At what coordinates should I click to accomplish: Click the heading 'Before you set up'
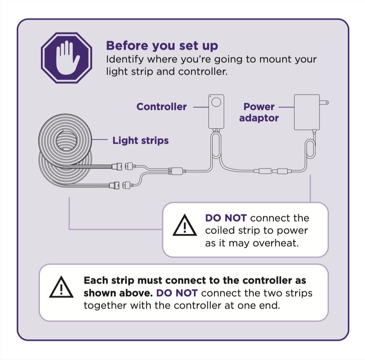(x=162, y=46)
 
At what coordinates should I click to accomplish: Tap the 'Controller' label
(x=162, y=106)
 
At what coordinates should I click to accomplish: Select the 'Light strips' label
(x=140, y=141)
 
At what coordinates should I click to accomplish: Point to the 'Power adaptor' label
(x=259, y=112)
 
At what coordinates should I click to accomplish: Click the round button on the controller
(x=217, y=103)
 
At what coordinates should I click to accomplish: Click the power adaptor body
(x=306, y=112)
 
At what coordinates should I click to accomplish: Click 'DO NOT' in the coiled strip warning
(x=226, y=218)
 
